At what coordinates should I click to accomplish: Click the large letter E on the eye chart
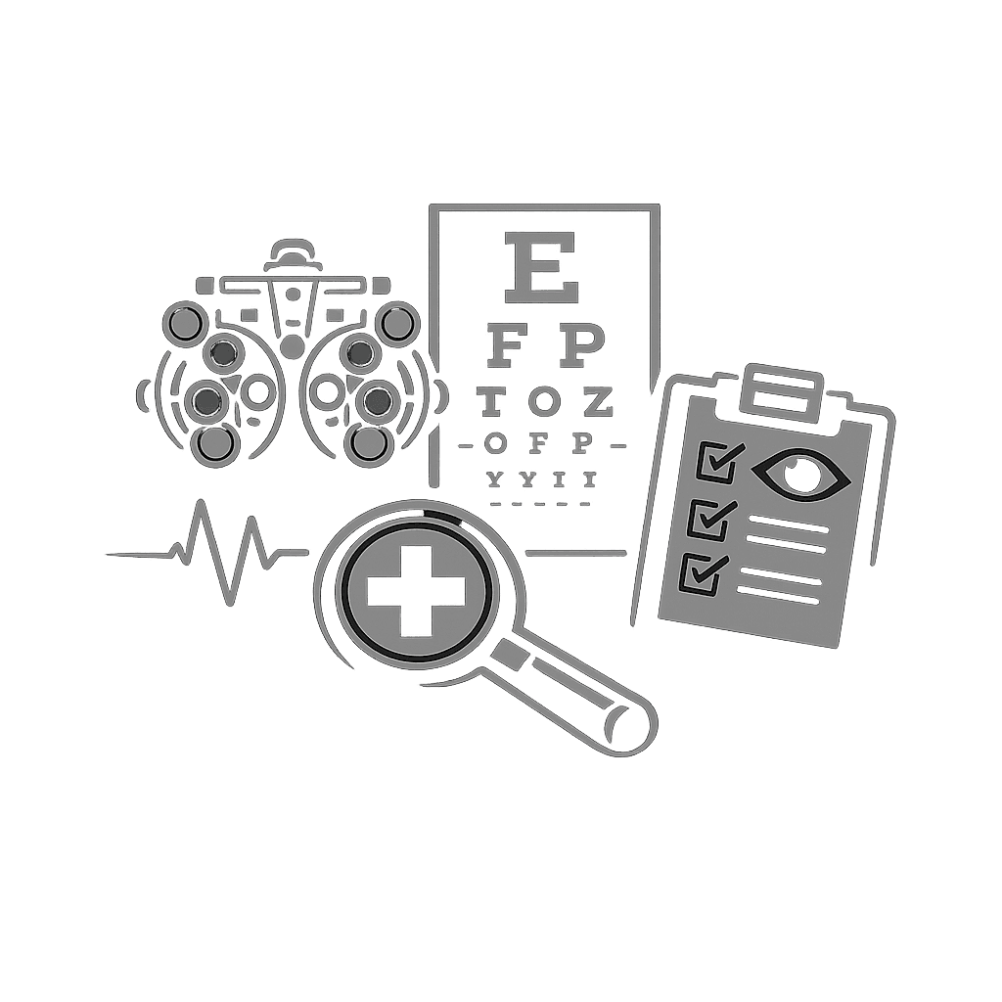coord(537,266)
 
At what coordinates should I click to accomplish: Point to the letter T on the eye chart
coord(492,400)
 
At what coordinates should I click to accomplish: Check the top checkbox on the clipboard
coord(716,462)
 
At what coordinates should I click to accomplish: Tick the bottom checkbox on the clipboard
coord(701,573)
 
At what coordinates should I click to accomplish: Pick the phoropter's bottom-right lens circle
coord(370,443)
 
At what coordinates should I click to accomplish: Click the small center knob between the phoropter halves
coord(292,344)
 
